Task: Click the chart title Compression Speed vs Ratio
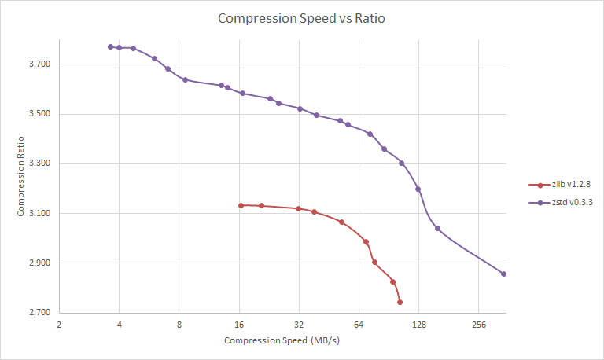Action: (302, 18)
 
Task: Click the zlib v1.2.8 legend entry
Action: (571, 184)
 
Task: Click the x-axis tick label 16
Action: (239, 324)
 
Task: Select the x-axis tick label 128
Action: (418, 324)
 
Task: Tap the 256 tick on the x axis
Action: (478, 324)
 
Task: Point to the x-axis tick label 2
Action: (59, 324)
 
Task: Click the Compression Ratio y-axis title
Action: (21, 178)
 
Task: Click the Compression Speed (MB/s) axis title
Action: (281, 340)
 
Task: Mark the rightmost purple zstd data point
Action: (503, 274)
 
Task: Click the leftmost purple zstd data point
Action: (110, 47)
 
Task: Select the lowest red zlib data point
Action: (400, 302)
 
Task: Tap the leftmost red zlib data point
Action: (241, 205)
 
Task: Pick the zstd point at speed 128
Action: (418, 189)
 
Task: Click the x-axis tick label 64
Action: (359, 324)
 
